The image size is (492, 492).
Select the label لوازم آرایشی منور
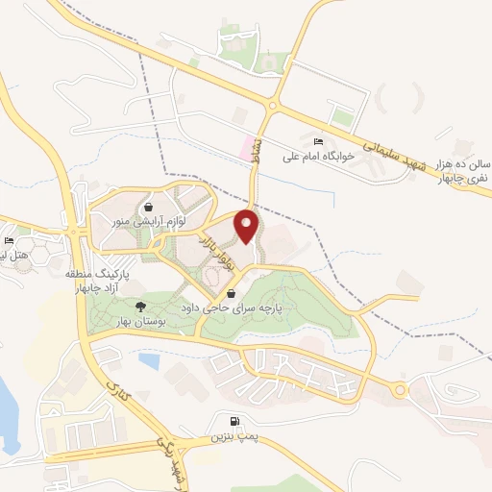coord(160,220)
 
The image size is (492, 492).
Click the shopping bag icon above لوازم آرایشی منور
coord(148,207)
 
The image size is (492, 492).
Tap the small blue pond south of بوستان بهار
coord(148,360)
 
